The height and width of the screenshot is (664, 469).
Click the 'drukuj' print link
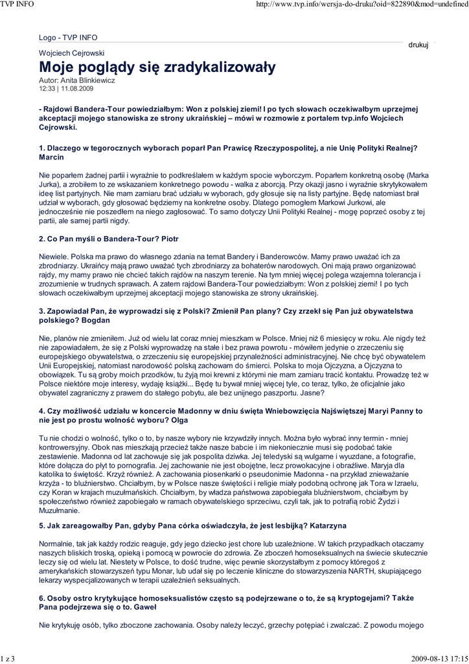pyautogui.click(x=418, y=45)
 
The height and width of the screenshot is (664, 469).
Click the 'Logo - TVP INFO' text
pyautogui.click(x=68, y=38)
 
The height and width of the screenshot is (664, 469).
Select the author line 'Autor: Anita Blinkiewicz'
pyautogui.click(x=77, y=80)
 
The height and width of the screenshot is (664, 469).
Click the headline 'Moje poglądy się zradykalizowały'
pyautogui.click(x=157, y=67)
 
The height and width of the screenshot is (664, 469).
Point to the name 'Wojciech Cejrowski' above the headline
pyautogui.click(x=72, y=53)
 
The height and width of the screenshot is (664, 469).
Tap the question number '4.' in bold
pyautogui.click(x=42, y=411)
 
